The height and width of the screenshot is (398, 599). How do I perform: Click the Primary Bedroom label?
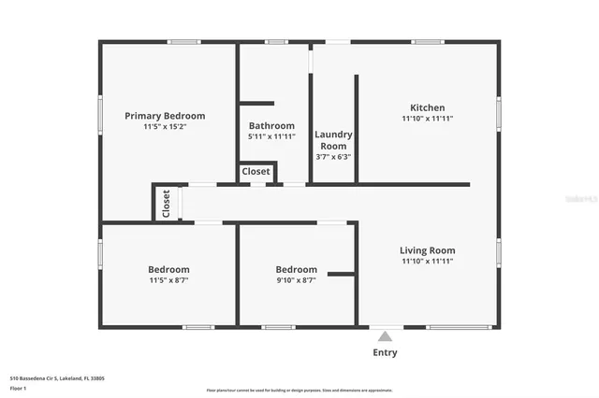[165, 116]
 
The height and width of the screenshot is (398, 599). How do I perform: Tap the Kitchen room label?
[428, 107]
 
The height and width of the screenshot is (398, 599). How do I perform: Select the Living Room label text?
[428, 250]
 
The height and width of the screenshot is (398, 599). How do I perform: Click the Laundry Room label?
[332, 140]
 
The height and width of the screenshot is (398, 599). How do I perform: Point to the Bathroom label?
[271, 126]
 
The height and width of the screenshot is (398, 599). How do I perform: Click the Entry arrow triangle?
[385, 336]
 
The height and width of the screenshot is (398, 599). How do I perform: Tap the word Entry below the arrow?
[385, 352]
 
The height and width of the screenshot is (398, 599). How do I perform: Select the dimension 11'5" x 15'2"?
[165, 127]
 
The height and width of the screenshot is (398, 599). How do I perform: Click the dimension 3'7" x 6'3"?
[332, 157]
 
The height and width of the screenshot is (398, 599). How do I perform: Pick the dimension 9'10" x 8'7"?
[296, 280]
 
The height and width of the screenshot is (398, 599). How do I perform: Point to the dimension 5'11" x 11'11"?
[271, 136]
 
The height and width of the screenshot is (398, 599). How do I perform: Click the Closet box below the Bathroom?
[256, 172]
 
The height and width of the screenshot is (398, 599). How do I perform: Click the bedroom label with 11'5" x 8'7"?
[168, 269]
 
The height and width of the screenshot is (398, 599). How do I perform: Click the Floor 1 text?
[19, 388]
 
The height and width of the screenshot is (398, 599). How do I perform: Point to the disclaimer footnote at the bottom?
[299, 391]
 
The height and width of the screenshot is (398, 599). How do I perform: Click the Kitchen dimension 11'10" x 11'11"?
[428, 119]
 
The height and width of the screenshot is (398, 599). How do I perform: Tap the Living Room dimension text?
[428, 262]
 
